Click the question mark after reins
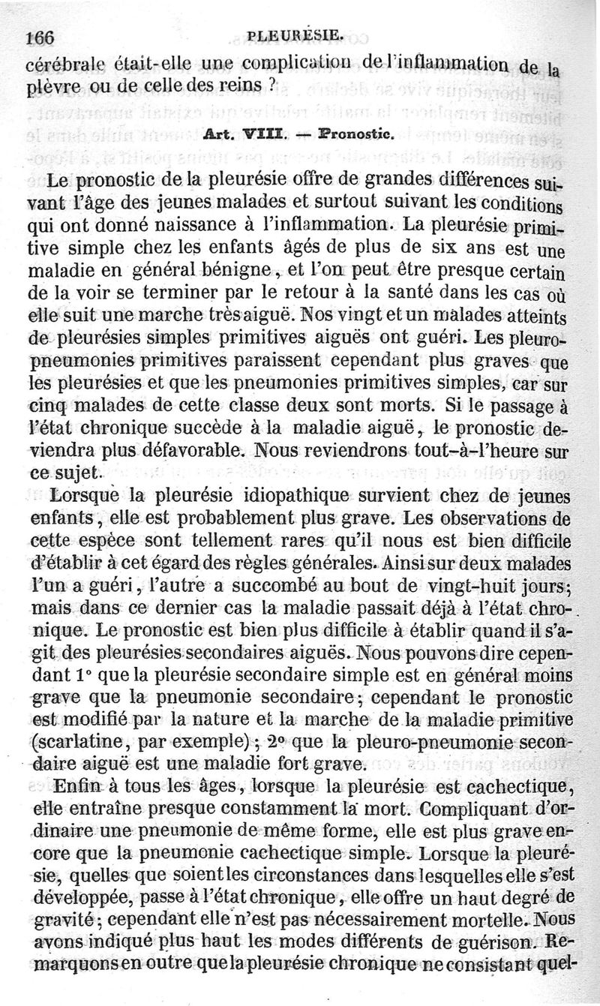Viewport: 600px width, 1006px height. [x=275, y=85]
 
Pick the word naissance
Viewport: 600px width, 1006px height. [x=178, y=224]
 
